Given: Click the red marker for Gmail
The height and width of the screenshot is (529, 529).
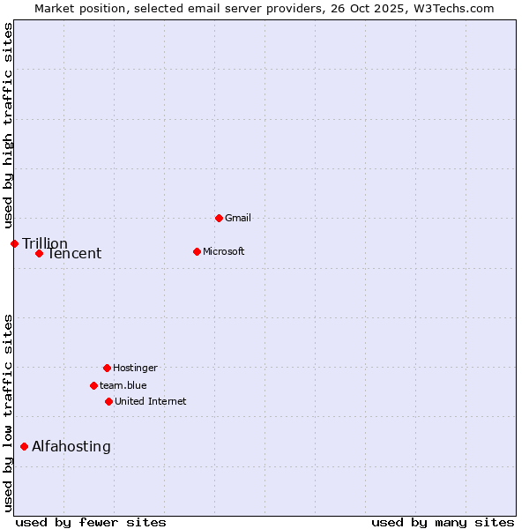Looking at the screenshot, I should tap(219, 218).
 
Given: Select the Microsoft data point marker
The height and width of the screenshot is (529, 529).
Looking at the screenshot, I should tap(197, 251).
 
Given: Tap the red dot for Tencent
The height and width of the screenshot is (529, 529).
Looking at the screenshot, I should tap(39, 253).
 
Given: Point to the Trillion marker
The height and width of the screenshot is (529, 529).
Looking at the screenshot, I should tap(14, 243).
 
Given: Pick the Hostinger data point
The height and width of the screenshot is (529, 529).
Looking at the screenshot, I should tap(107, 368).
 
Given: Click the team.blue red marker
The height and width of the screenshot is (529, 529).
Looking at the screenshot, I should tap(93, 385).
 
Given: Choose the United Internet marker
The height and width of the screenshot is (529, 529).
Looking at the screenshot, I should tap(108, 401).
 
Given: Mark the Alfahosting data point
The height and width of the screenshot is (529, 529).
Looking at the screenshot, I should tap(24, 446).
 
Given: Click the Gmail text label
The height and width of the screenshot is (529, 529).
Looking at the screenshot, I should tap(238, 218).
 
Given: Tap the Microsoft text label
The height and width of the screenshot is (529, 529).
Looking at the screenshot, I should tap(224, 251).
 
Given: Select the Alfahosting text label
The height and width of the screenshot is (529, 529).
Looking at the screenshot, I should tap(71, 446).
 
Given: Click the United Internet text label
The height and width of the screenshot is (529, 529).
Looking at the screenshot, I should tap(151, 401).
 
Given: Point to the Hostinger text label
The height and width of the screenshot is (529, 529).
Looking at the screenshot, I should tap(135, 368).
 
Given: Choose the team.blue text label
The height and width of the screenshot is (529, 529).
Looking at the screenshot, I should tap(123, 385).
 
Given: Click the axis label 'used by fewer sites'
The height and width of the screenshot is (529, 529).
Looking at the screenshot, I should tap(91, 522).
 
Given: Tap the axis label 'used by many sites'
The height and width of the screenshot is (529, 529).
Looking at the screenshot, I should tap(443, 522).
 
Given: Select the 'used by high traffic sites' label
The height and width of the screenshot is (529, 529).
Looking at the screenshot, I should tap(9, 125).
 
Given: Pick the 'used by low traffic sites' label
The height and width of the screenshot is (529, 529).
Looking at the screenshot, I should tap(9, 413).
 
